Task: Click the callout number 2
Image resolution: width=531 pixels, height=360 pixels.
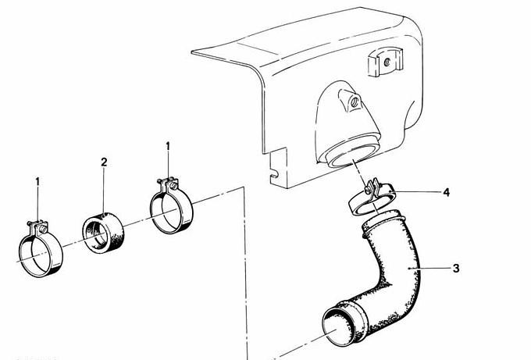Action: pyautogui.click(x=104, y=162)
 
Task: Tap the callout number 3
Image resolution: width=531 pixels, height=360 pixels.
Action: pyautogui.click(x=456, y=268)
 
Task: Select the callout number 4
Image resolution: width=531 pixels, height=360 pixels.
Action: pyautogui.click(x=447, y=192)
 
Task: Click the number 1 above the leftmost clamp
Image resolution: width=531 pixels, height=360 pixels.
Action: pyautogui.click(x=37, y=182)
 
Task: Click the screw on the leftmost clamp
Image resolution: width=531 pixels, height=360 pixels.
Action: pyautogui.click(x=43, y=229)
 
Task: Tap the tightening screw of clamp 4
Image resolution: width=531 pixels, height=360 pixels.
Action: pyautogui.click(x=369, y=191)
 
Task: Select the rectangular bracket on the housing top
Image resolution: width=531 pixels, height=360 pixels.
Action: pyautogui.click(x=386, y=62)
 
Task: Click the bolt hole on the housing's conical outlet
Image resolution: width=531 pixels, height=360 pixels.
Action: pyautogui.click(x=355, y=102)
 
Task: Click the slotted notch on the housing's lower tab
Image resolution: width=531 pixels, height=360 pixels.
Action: pyautogui.click(x=274, y=174)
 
